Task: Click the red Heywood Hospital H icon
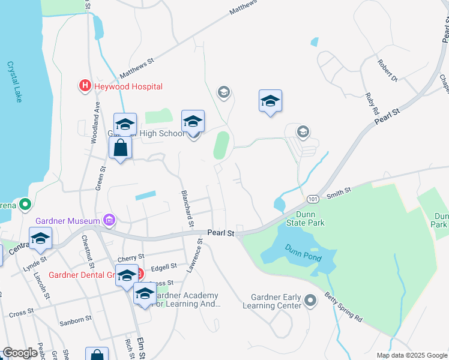coord(85,86)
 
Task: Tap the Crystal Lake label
coord(14,82)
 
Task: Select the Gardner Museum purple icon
coord(109,221)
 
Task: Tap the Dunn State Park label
coord(310,218)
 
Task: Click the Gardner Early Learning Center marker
coord(310,299)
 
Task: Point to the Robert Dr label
coord(387,70)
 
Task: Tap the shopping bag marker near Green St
coord(121,148)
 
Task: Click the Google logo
coord(20,353)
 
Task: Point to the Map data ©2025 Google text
coord(411,355)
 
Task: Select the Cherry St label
coord(131,257)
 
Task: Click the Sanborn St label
coord(75,322)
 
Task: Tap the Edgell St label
coord(164,266)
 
